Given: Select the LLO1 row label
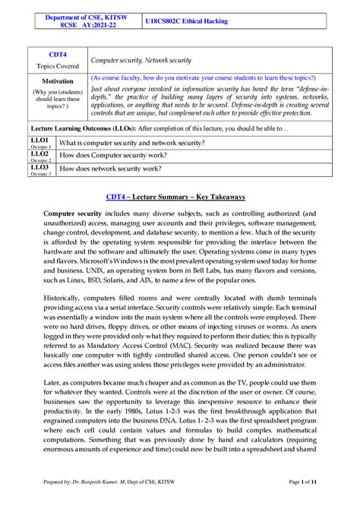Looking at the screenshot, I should (40, 141).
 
